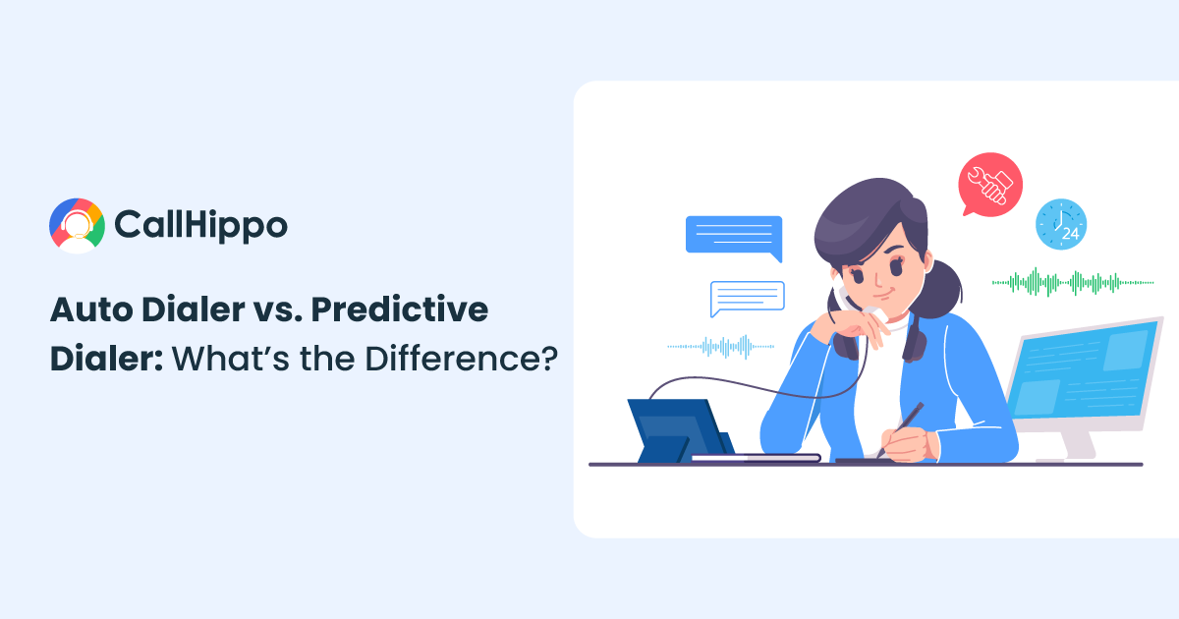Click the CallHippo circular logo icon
[77, 226]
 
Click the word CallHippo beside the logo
[201, 226]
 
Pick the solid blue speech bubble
[734, 237]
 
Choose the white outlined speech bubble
[748, 298]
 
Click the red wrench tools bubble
[989, 185]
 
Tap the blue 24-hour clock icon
[1061, 224]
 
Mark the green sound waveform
[1072, 283]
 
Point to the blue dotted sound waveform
[720, 346]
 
